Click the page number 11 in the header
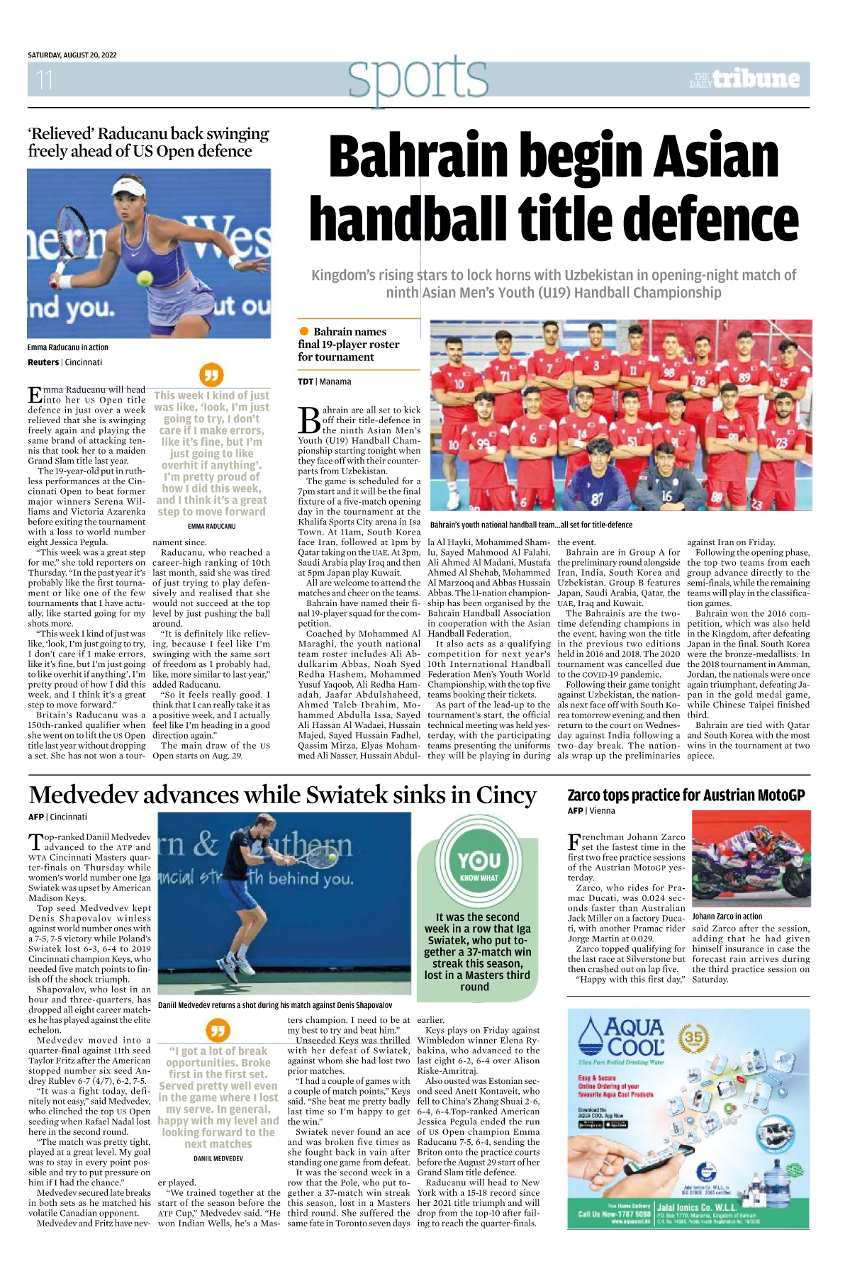click(x=45, y=80)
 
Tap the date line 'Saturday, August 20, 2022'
click(x=72, y=55)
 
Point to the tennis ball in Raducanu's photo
click(x=145, y=278)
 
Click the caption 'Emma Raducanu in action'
click(x=68, y=347)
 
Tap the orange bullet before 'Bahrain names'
click(x=304, y=331)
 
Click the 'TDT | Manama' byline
click(x=324, y=381)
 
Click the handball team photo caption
click(x=531, y=525)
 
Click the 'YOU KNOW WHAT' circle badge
click(x=479, y=865)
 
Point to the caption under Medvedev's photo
click(x=275, y=1005)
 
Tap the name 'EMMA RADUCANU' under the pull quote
click(x=211, y=527)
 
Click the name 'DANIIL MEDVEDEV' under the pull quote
click(x=218, y=1158)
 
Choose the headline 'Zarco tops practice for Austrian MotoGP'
click(x=686, y=795)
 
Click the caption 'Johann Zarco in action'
click(x=727, y=917)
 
